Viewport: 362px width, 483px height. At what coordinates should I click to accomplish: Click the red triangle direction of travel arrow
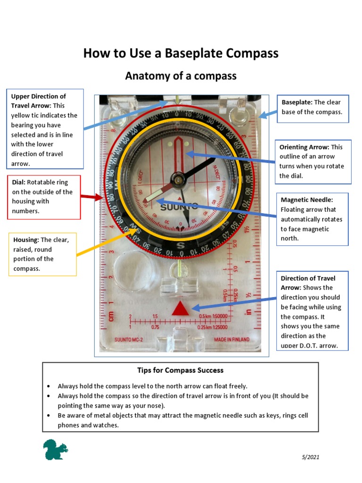point(180,308)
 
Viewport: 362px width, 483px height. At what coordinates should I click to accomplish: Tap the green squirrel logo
point(55,450)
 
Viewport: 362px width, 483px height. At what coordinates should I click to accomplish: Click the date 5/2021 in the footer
point(311,457)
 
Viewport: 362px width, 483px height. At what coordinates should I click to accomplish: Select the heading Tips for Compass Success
point(180,370)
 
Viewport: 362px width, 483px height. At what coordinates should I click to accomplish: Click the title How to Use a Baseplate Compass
point(181,53)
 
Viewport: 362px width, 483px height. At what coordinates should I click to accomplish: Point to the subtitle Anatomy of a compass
point(181,76)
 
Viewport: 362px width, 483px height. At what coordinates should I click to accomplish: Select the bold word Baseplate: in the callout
point(297,102)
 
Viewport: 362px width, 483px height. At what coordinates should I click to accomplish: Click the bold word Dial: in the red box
point(18,182)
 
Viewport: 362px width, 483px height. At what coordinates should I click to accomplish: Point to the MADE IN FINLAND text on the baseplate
point(231,340)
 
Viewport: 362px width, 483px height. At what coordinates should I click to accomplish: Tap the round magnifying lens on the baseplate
point(130,267)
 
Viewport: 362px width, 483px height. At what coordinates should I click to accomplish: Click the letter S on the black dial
point(180,245)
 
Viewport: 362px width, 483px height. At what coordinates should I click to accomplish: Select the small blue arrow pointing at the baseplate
point(268,115)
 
